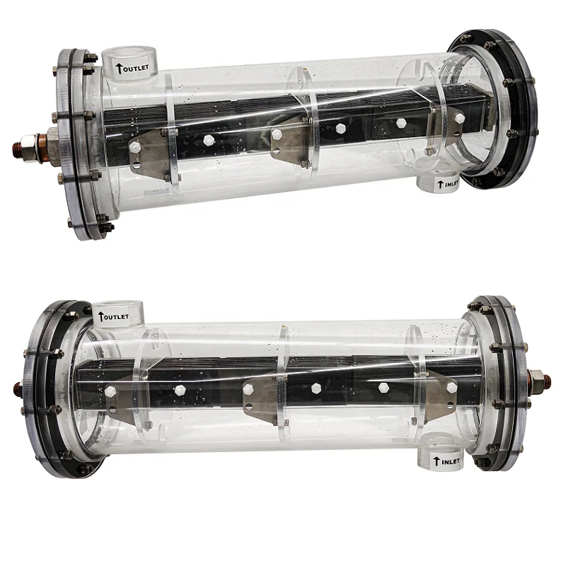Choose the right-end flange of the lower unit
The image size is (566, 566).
[x=509, y=382]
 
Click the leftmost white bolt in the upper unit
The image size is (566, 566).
[x=134, y=148]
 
